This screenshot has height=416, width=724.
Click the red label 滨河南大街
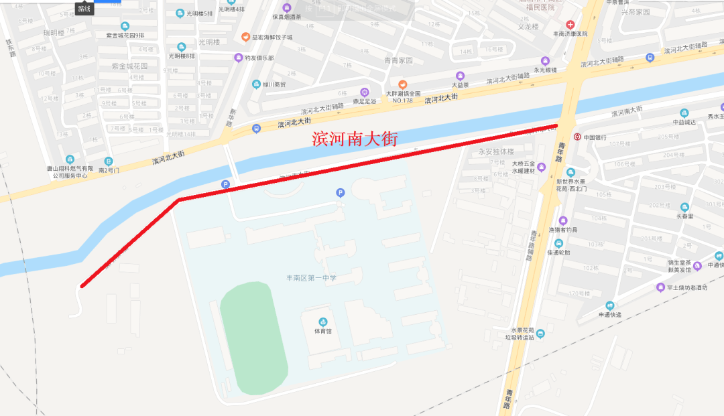(x=355, y=139)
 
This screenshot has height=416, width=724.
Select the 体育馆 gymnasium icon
(x=323, y=322)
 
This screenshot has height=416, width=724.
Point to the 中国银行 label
(x=595, y=137)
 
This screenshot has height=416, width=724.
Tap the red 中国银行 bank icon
(x=577, y=137)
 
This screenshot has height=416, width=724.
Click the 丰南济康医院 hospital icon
(x=570, y=24)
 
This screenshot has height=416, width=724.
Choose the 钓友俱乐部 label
(x=259, y=58)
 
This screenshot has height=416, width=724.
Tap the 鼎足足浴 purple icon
(x=364, y=92)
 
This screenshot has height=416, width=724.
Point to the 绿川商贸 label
(x=274, y=85)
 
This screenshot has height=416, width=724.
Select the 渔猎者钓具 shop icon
(x=562, y=220)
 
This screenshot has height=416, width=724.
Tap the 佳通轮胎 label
(x=558, y=253)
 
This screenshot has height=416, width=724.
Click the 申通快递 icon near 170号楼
(x=610, y=305)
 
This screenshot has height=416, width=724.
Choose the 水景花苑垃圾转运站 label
(x=522, y=334)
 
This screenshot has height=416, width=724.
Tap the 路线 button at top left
(x=84, y=8)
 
